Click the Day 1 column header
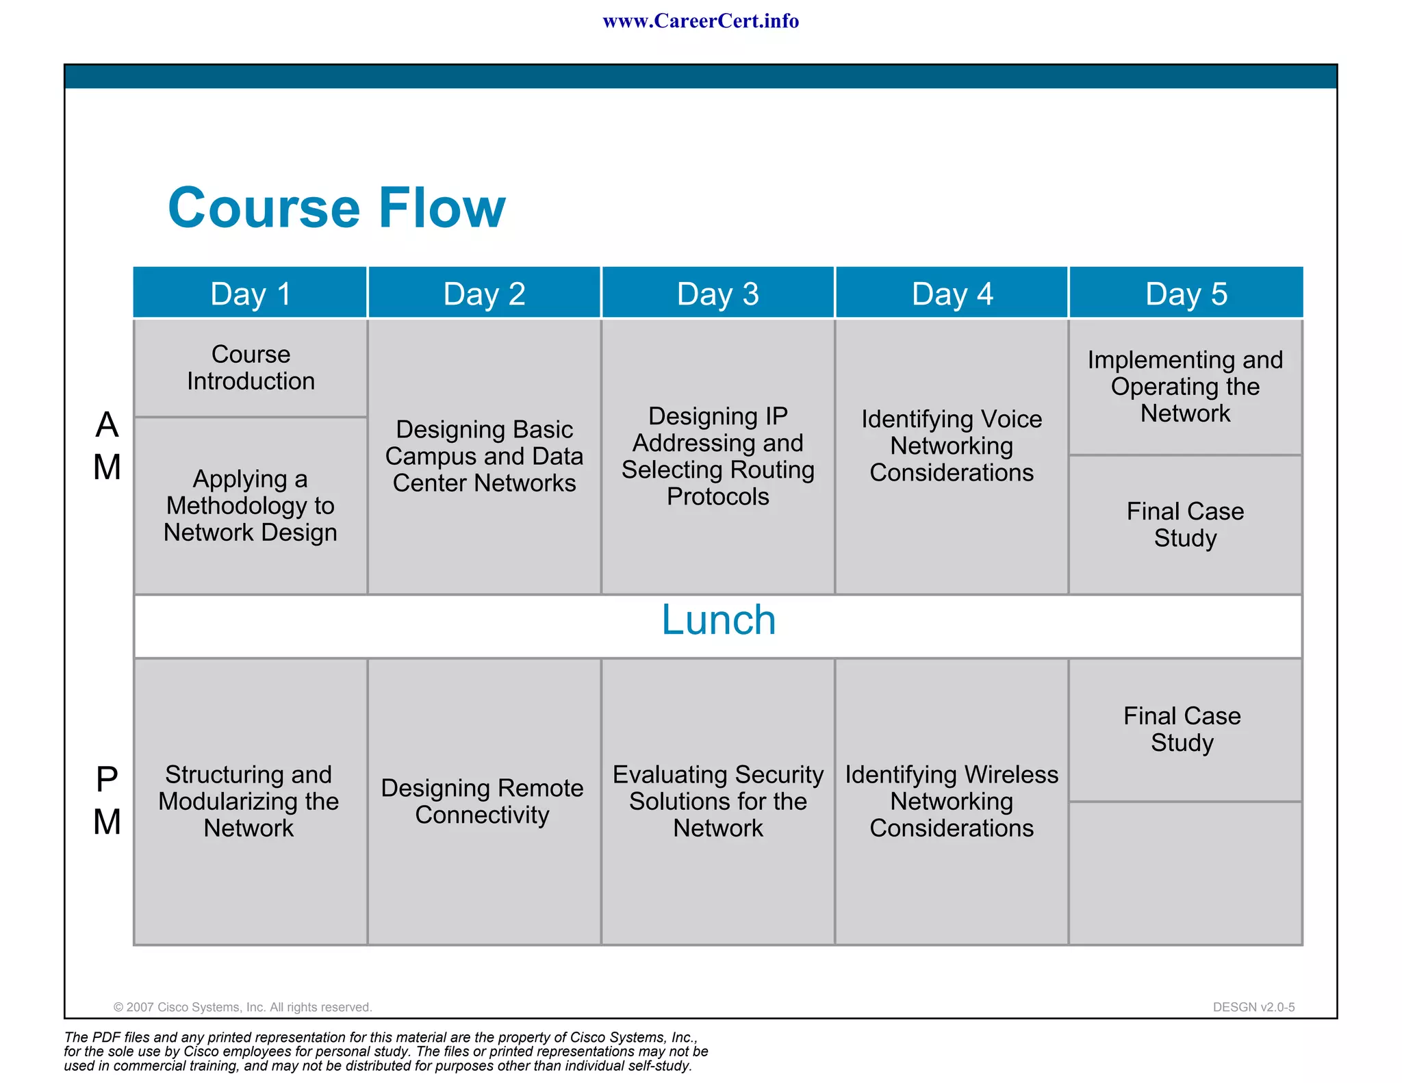coord(251,294)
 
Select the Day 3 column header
coord(718,294)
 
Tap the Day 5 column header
coord(1186,294)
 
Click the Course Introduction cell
coord(251,368)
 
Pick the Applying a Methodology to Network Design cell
coord(251,506)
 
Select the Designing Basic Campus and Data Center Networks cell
coord(484,457)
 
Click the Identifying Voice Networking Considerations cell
coord(952,446)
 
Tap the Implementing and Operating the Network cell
coord(1186,387)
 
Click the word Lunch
coord(718,620)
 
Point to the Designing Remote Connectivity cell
coord(483,802)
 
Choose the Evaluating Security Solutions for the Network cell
coord(718,802)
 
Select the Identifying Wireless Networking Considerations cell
coord(952,802)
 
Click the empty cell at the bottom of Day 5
coord(1186,873)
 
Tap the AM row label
coord(107,446)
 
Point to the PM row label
coord(107,801)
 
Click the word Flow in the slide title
coord(442,208)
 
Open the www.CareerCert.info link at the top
coord(700,21)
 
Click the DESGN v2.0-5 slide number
coord(1253,1007)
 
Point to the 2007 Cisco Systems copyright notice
coord(243,1007)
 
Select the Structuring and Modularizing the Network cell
coord(249,802)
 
